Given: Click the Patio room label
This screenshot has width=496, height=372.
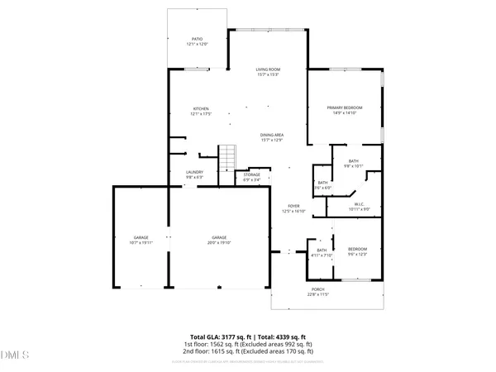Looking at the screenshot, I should pyautogui.click(x=198, y=38).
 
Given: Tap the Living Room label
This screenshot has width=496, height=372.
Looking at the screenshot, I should pyautogui.click(x=267, y=69).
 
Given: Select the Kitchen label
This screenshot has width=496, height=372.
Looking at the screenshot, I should pyautogui.click(x=201, y=108).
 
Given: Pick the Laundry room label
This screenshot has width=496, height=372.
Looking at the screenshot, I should pyautogui.click(x=195, y=172).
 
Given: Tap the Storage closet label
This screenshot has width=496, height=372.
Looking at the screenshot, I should pyautogui.click(x=252, y=174).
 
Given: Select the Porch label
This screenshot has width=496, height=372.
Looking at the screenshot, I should pyautogui.click(x=318, y=289).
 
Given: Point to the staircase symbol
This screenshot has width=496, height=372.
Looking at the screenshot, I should pyautogui.click(x=227, y=155).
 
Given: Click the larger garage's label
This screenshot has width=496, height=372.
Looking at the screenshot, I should pyautogui.click(x=219, y=237).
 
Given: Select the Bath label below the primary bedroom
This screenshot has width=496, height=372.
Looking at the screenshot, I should pyautogui.click(x=353, y=161).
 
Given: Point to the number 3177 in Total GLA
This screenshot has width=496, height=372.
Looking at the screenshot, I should pyautogui.click(x=225, y=336).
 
